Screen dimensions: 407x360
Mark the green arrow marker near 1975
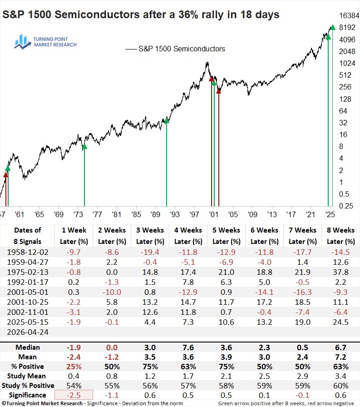click(84, 146)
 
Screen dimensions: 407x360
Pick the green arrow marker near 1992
click(167, 120)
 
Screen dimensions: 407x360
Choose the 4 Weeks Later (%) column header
click(188, 236)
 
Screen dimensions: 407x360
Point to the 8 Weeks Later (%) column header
click(340, 236)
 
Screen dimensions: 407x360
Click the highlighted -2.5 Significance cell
click(74, 395)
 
